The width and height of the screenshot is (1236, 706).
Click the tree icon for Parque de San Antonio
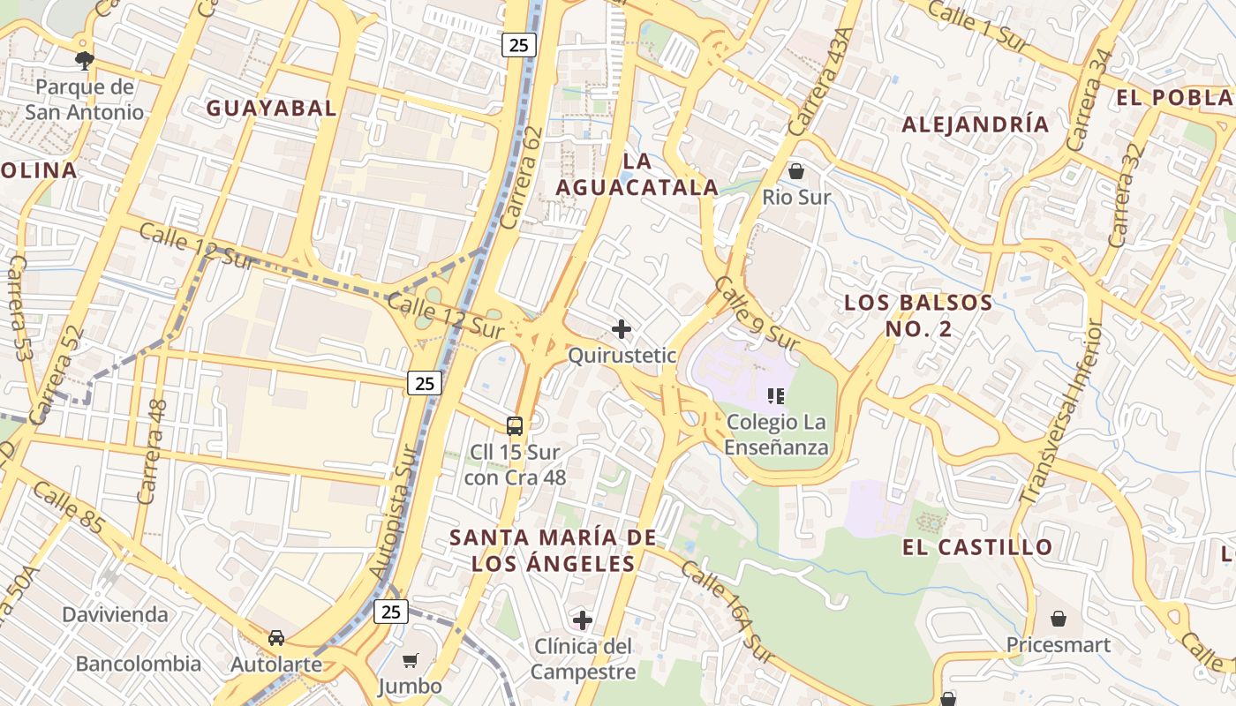coord(85,60)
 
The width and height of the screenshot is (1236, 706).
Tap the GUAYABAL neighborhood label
coord(271,109)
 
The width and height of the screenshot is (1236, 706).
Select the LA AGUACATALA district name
coord(637,174)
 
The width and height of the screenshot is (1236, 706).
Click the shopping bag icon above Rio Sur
coord(796,171)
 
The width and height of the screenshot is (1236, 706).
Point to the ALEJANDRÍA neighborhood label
coord(976,124)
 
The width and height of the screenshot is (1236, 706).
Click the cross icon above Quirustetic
coord(622,329)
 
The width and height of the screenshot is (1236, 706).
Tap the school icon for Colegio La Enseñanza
coord(776,396)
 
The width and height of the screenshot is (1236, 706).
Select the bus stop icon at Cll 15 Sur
coord(515,425)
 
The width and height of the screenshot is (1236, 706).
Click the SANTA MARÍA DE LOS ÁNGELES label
coord(553,550)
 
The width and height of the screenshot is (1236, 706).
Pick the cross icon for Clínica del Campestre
coord(583,620)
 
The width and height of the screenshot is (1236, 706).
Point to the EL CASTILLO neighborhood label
coord(977,547)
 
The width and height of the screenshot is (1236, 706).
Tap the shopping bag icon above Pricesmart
coord(1058,619)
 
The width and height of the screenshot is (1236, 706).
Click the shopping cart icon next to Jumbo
coord(410,660)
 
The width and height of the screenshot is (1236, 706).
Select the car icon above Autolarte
coord(276,637)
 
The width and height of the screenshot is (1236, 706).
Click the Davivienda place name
coord(115,614)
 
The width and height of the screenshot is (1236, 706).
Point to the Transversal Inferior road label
coord(1062,412)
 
